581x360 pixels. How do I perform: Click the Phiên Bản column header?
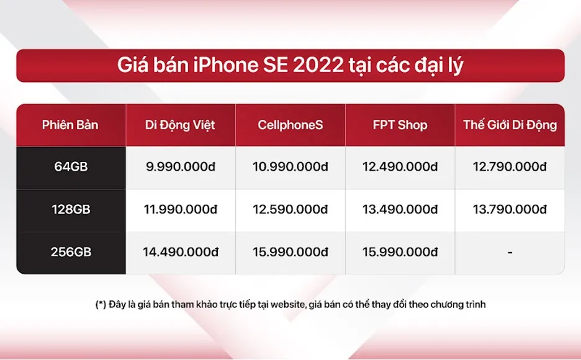point(70,125)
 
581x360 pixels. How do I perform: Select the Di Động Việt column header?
point(180,125)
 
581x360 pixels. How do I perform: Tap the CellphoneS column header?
point(290,125)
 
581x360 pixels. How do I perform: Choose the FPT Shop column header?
point(400,125)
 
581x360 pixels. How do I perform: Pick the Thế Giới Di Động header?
point(510,125)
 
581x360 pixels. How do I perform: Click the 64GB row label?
point(70,167)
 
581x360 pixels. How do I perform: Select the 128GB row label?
point(70,210)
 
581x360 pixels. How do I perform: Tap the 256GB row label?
point(70,252)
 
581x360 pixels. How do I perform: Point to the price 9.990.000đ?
point(180,167)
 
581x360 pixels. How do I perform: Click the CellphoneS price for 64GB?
point(290,167)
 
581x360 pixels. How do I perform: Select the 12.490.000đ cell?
point(400,167)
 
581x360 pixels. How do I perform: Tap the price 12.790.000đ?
point(510,167)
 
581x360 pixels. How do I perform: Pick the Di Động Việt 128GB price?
point(180,210)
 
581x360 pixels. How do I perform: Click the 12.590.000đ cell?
point(290,210)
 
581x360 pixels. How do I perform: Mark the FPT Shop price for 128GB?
point(400,210)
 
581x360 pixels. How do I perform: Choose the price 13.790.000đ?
point(510,210)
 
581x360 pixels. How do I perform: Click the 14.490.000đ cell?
point(180,252)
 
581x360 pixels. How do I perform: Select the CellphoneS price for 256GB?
point(290,252)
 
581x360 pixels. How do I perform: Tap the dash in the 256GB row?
point(510,253)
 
